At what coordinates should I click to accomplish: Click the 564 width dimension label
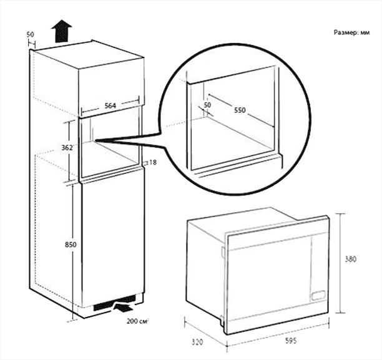click(110, 105)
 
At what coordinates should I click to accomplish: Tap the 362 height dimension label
click(67, 148)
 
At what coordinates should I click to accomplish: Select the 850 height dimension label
click(71, 245)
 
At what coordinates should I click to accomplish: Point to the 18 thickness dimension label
click(153, 162)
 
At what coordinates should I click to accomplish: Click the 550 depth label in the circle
click(240, 110)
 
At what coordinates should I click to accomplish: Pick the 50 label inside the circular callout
click(207, 105)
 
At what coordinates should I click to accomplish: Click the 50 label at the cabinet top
click(30, 34)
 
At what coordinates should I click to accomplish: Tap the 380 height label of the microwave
click(351, 259)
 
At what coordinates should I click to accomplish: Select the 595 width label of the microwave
click(291, 341)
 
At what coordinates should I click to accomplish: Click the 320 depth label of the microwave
click(197, 342)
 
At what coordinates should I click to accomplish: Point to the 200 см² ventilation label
click(138, 321)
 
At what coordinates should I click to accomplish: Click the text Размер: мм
click(351, 32)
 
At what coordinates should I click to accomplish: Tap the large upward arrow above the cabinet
click(62, 31)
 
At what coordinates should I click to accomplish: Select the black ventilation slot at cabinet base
click(114, 303)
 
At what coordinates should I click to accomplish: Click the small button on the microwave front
click(318, 296)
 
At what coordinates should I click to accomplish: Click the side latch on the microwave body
click(223, 251)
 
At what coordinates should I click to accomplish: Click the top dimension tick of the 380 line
click(340, 213)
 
